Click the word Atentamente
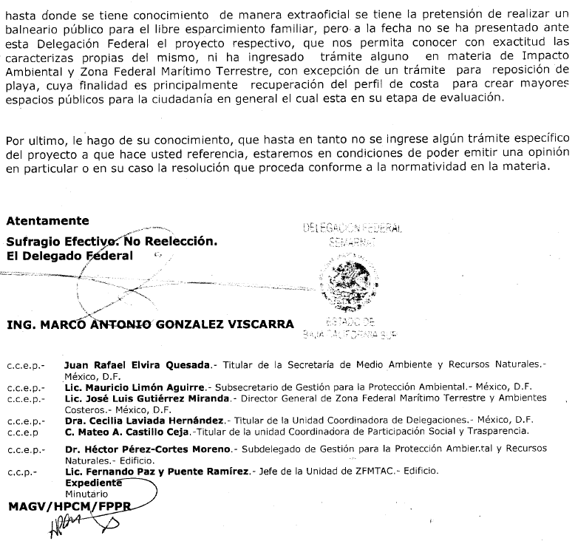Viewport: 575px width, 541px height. (47, 220)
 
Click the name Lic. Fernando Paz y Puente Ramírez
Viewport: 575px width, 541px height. (155, 471)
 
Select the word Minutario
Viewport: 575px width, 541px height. (86, 493)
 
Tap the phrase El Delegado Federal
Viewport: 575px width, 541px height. (69, 256)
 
